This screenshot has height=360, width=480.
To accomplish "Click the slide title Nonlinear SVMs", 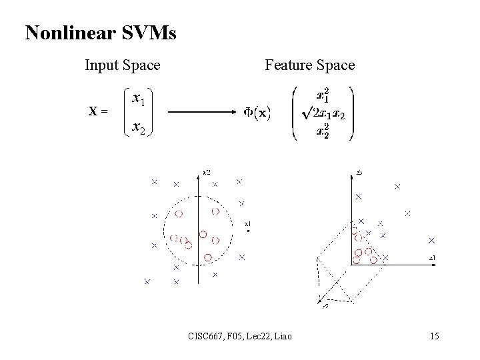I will (101, 33).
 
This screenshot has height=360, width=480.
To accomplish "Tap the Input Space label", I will (122, 65).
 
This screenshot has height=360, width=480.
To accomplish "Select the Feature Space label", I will (309, 65).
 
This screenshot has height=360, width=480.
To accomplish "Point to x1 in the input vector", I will (139, 99).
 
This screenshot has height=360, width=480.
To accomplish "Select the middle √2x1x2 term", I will (324, 114).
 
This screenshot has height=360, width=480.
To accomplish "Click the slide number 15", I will (435, 336).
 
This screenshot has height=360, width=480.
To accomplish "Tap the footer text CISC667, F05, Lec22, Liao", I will (239, 336).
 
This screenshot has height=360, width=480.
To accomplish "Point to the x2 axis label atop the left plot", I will (207, 173).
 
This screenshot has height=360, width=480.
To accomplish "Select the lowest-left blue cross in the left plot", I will (147, 282).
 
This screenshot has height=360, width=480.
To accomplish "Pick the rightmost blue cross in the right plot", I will (431, 240).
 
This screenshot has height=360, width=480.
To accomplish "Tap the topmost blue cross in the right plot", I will (397, 187).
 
